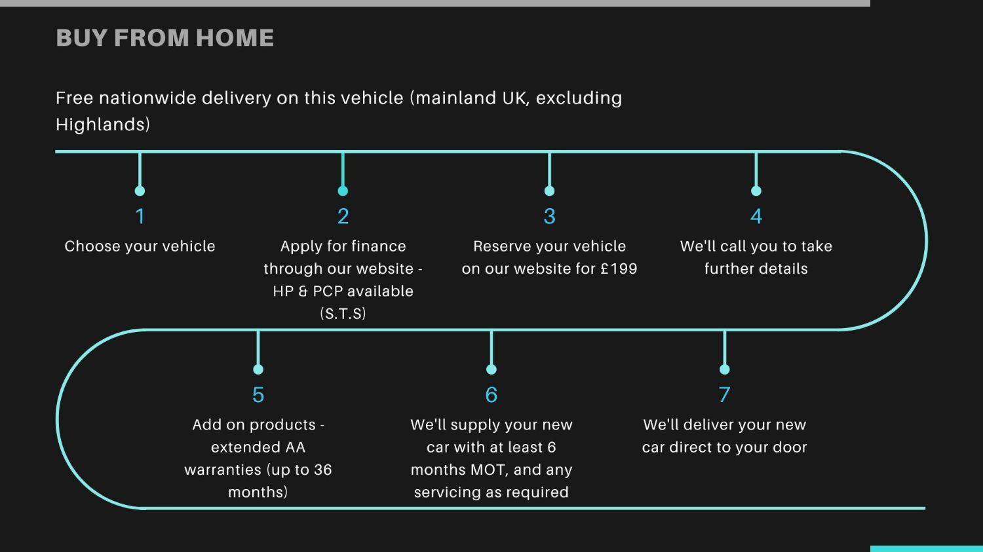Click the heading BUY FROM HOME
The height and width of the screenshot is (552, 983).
164,38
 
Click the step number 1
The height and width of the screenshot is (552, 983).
140,216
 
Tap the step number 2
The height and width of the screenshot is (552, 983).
343,216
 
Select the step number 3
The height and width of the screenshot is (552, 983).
549,216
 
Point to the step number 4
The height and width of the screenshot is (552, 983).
756,216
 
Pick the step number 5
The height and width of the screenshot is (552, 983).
258,395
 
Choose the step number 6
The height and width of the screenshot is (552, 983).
491,395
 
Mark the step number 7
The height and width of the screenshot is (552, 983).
724,395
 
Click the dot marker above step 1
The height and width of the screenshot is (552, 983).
140,191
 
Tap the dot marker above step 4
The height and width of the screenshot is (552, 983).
756,191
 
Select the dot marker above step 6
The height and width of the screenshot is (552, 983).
491,369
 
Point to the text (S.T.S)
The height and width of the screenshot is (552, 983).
343,314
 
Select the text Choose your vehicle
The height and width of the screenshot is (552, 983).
140,246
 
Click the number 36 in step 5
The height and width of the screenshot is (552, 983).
322,470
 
